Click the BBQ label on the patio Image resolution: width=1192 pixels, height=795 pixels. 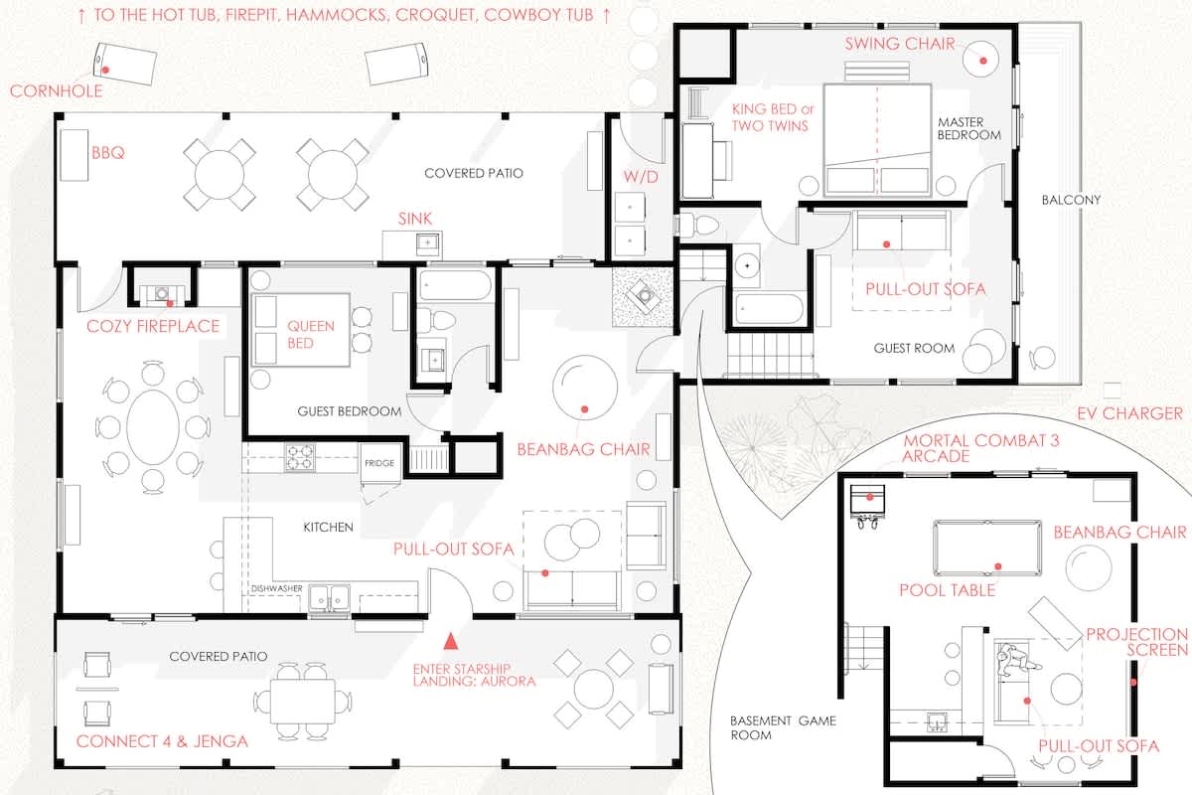(x=108, y=153)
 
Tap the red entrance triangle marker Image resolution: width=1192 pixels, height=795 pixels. (x=451, y=642)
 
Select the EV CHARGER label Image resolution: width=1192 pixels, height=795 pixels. (x=1129, y=413)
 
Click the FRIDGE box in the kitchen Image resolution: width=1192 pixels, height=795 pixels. (x=379, y=463)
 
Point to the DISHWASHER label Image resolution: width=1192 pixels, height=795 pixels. (x=277, y=588)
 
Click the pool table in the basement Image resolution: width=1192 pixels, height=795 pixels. (x=987, y=549)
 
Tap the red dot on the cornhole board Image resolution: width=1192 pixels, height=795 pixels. (x=106, y=70)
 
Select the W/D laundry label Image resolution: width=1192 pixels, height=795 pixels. (x=641, y=177)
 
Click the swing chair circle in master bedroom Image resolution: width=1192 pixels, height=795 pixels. (x=980, y=59)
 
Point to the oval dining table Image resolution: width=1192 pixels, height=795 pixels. (x=153, y=427)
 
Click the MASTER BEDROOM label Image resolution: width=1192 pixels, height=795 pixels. (x=969, y=129)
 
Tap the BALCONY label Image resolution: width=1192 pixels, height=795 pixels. (x=1071, y=200)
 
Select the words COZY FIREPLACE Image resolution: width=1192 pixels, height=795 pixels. (x=153, y=326)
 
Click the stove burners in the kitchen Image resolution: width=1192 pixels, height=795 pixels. (x=300, y=458)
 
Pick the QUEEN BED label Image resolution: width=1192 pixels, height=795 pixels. (x=311, y=335)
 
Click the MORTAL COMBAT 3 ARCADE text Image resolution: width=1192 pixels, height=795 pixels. (x=980, y=448)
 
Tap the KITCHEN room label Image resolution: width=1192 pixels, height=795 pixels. (x=329, y=527)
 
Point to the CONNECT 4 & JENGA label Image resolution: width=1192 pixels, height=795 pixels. (x=162, y=741)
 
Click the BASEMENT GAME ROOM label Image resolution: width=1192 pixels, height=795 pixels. (x=783, y=727)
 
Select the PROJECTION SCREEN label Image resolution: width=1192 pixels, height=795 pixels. (x=1137, y=642)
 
